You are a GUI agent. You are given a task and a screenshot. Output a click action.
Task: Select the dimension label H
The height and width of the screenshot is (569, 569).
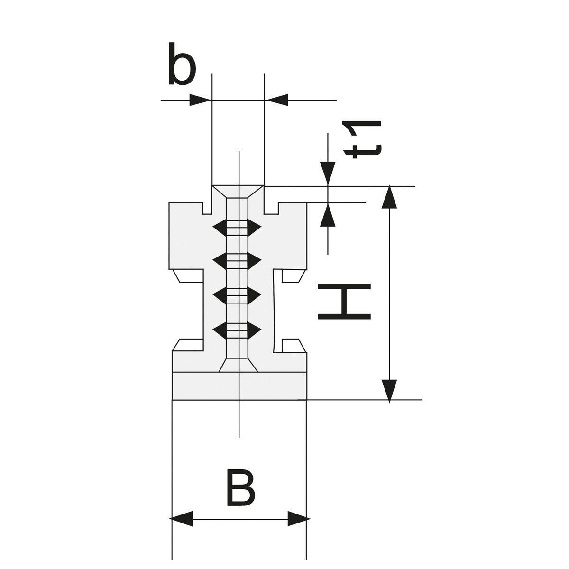click(344, 301)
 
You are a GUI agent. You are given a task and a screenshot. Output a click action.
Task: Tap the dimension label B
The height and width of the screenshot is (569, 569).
click(241, 488)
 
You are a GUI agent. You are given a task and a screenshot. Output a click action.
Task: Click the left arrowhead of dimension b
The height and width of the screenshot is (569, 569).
click(200, 100)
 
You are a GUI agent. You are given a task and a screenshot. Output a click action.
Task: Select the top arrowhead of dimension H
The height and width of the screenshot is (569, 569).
click(389, 198)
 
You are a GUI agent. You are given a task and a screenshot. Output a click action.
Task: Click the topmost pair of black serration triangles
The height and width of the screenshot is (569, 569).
click(237, 227)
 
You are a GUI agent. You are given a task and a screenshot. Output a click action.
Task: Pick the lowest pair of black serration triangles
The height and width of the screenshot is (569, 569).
click(237, 329)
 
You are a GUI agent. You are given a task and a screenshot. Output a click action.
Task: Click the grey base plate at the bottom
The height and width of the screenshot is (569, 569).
click(239, 386)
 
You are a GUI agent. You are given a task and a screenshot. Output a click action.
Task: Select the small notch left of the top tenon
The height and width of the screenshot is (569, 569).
click(207, 208)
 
